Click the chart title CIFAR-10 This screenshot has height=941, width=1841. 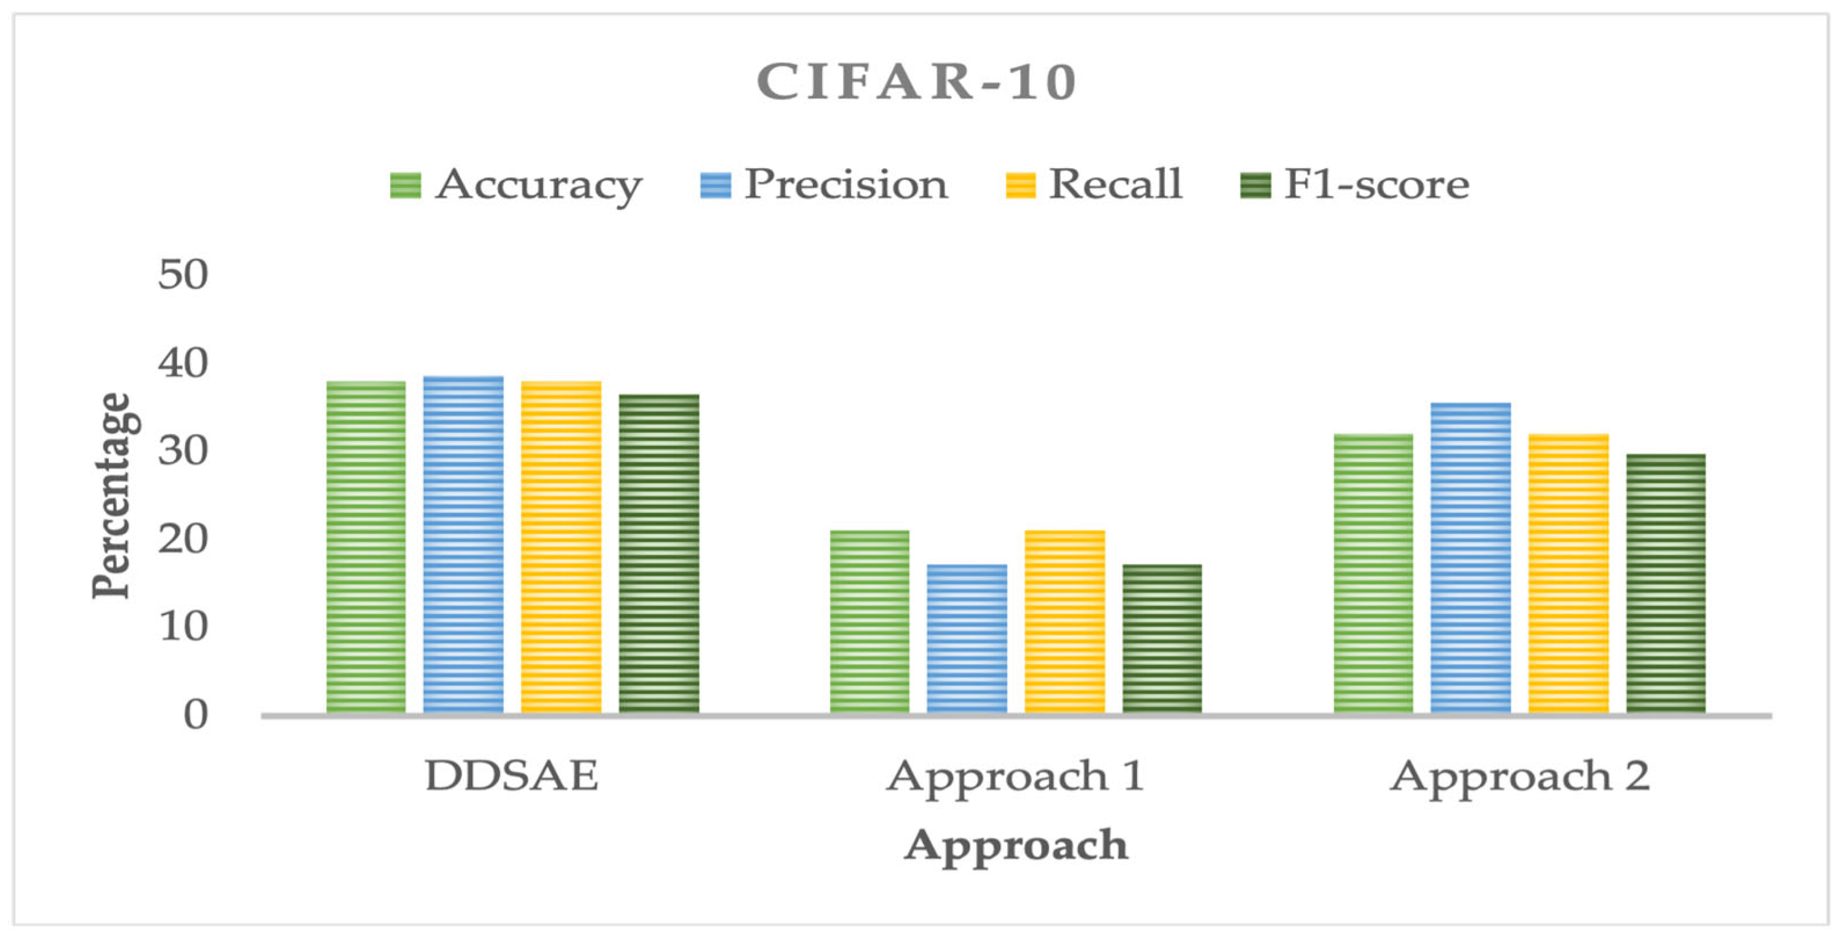[x=917, y=81]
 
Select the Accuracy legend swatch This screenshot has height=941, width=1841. [x=405, y=185]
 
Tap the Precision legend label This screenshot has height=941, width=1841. [x=845, y=185]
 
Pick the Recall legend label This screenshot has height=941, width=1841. [x=1115, y=185]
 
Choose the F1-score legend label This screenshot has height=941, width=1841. [x=1376, y=185]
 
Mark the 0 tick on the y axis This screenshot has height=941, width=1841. [x=195, y=714]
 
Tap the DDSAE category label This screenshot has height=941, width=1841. [x=512, y=776]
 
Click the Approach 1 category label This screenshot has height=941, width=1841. [x=1015, y=776]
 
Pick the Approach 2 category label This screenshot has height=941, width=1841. [x=1519, y=776]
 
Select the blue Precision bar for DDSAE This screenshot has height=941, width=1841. [x=463, y=543]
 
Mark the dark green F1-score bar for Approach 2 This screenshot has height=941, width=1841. [x=1666, y=583]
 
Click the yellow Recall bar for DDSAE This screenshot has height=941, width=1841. [x=561, y=546]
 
